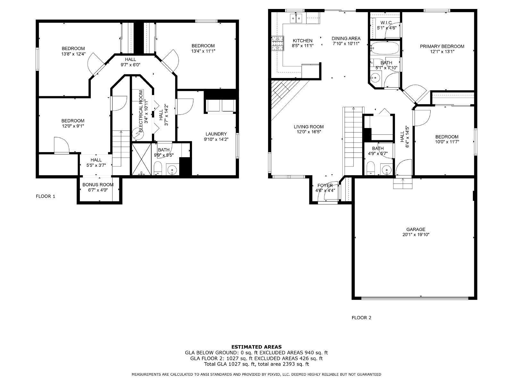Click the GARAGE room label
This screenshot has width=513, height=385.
416,229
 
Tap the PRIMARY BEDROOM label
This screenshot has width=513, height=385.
442,46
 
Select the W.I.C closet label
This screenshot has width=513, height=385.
386,22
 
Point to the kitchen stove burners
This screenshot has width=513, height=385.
278,44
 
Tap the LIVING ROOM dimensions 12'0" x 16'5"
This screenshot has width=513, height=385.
309,132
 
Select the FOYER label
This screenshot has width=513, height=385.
325,185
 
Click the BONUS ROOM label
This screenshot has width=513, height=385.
98,184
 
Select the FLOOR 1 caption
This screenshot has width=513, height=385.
45,196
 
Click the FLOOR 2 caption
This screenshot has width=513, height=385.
361,318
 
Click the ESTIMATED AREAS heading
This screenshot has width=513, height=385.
256,346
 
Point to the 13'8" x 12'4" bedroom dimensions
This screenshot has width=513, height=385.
73,54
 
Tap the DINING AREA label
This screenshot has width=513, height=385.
346,38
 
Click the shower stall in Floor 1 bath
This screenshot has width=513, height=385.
141,159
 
